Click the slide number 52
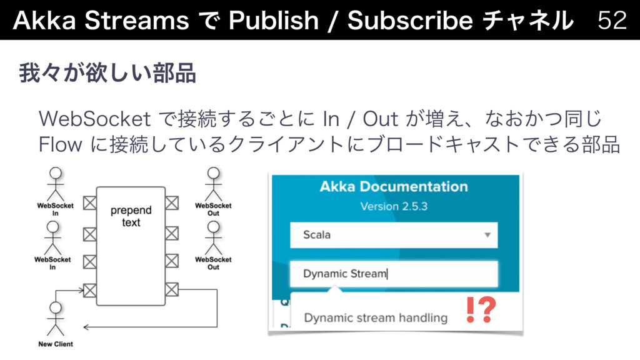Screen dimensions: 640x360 pyautogui.click(x=612, y=19)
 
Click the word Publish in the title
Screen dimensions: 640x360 pyautogui.click(x=274, y=19)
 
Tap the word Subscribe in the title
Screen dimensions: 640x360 pyautogui.click(x=411, y=19)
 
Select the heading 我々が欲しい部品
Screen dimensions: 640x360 pyautogui.click(x=107, y=73)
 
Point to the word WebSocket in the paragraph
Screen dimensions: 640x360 pyautogui.click(x=95, y=119)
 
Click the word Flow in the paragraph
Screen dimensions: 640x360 pyautogui.click(x=61, y=144)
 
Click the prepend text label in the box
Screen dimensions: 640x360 pyautogui.click(x=131, y=216)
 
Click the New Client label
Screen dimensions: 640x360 pyautogui.click(x=56, y=344)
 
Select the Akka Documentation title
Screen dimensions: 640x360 pyautogui.click(x=394, y=186)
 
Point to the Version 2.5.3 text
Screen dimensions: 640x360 pyautogui.click(x=394, y=206)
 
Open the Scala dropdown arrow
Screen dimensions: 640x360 pyautogui.click(x=487, y=235)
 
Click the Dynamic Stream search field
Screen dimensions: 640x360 pyautogui.click(x=394, y=274)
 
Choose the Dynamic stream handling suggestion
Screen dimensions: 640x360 pyautogui.click(x=376, y=317)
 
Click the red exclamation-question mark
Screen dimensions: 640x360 pyautogui.click(x=481, y=310)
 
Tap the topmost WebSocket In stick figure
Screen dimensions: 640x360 pyautogui.click(x=56, y=184)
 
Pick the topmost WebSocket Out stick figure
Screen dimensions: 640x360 pyautogui.click(x=214, y=184)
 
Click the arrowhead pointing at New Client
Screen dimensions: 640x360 pyautogui.click(x=86, y=327)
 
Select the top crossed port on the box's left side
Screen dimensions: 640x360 pyautogui.click(x=90, y=203)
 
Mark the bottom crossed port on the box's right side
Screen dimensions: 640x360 pyautogui.click(x=172, y=289)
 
